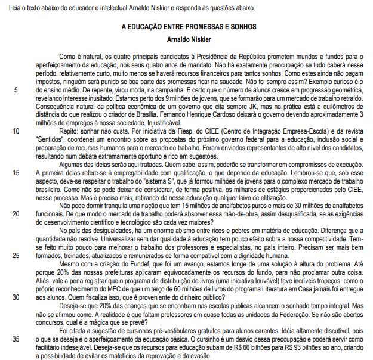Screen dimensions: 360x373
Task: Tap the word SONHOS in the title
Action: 244,27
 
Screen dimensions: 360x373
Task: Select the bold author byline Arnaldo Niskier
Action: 189,39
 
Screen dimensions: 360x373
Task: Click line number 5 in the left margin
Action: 14,90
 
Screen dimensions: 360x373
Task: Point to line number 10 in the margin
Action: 14,129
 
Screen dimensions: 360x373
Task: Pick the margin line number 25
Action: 14,255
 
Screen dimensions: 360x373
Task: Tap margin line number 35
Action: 14,339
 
